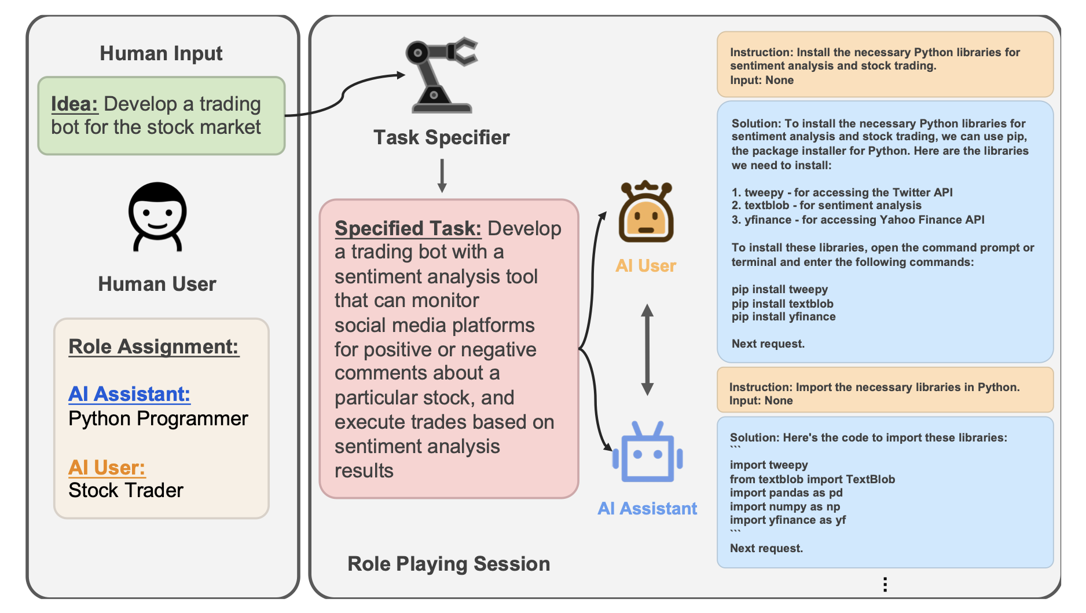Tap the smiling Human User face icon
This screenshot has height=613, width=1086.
[x=157, y=216]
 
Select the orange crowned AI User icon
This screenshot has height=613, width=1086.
[x=645, y=212]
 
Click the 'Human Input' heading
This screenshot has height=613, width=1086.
[x=161, y=53]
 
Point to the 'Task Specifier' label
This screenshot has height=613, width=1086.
[x=441, y=137]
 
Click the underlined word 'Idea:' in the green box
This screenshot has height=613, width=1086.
[x=74, y=104]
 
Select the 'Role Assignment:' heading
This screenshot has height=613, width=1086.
[x=153, y=346]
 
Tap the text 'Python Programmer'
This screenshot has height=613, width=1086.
[x=158, y=418]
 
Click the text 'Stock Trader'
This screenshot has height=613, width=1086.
[x=126, y=490]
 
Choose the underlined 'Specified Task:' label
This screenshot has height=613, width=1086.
[x=408, y=228]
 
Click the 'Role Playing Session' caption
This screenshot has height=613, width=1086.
[x=449, y=564]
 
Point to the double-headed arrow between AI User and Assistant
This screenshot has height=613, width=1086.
[x=647, y=350]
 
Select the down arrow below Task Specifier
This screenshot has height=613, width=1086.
[x=442, y=176]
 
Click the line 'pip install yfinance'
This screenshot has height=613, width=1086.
[x=783, y=317]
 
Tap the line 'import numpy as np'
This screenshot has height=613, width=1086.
[x=784, y=506]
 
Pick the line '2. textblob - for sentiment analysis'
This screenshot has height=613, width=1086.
[x=826, y=206]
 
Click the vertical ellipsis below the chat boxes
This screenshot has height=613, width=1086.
[x=885, y=585]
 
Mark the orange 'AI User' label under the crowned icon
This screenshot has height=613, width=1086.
[x=645, y=266]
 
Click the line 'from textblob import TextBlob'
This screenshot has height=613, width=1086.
[x=812, y=479]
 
